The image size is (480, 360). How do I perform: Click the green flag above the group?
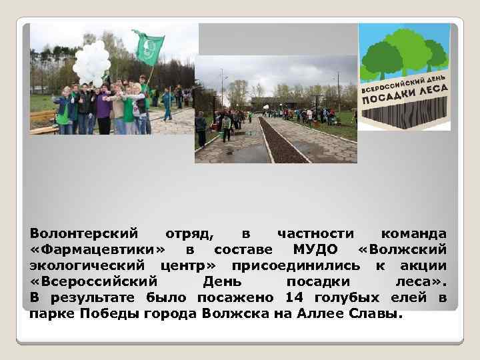click(x=148, y=47)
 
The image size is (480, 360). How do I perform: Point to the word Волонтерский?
click(x=84, y=233)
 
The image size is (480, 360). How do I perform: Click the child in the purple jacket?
click(x=103, y=110)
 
